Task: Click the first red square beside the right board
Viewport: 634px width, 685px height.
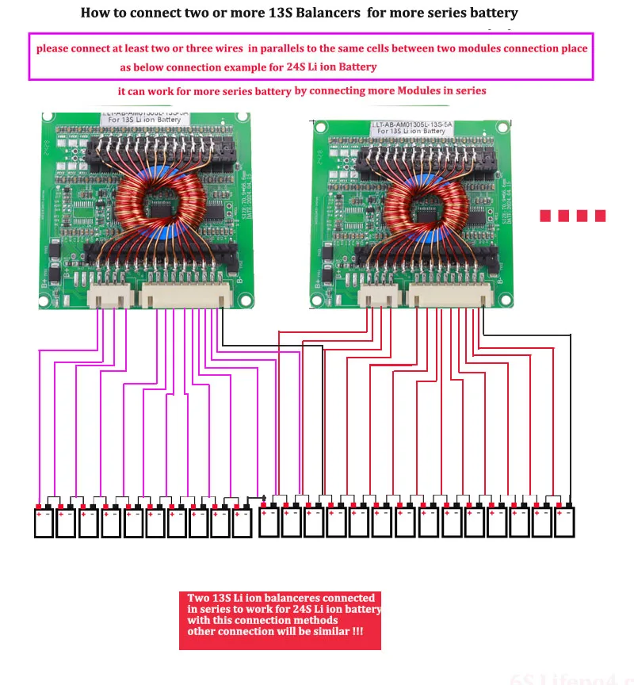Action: pos(546,216)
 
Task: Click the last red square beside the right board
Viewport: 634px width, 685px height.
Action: pos(600,216)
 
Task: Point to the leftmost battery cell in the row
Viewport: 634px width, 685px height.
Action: pos(43,522)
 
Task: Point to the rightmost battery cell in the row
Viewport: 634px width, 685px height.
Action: pos(564,522)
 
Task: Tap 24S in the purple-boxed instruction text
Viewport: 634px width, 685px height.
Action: pos(287,67)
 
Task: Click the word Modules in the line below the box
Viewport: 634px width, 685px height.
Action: pos(423,90)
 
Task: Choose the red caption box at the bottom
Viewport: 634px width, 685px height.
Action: pos(280,620)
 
